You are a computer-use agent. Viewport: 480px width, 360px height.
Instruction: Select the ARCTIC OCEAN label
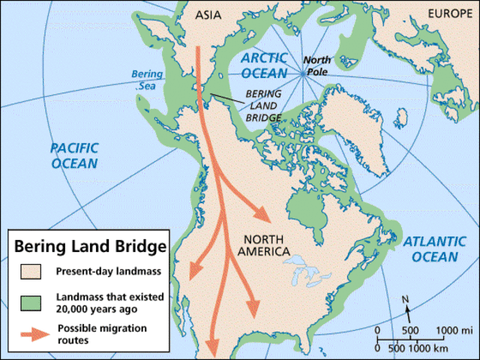tap(264, 64)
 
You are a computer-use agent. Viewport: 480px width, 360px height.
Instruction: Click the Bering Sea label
tap(146, 80)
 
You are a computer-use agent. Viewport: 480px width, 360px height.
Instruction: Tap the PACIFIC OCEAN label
tap(73, 154)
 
